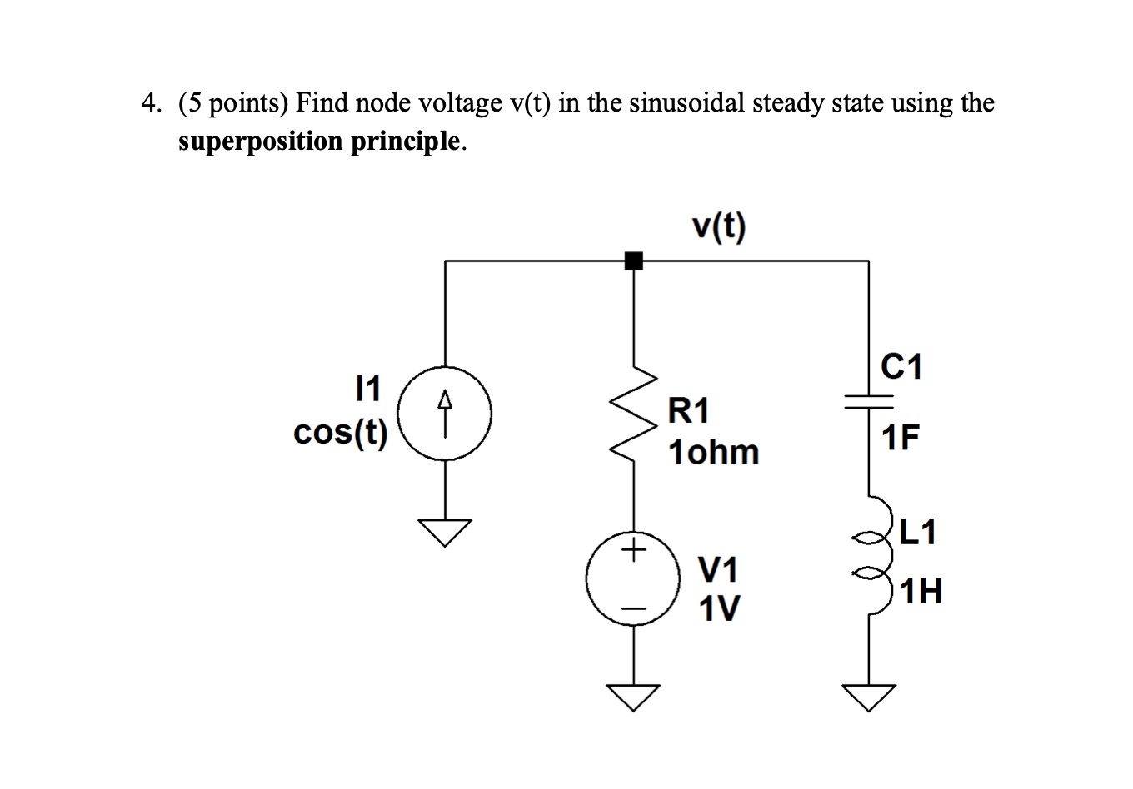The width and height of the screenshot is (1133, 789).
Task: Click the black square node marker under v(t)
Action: click(x=634, y=261)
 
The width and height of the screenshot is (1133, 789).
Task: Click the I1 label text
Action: click(x=367, y=387)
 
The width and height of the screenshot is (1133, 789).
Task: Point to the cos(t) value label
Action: click(x=341, y=433)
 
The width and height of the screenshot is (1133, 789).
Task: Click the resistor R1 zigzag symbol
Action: click(x=633, y=413)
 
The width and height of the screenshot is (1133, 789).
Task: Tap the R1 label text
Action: click(x=689, y=410)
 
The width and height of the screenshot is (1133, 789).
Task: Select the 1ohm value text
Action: click(x=714, y=452)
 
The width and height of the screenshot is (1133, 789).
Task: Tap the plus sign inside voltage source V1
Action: click(x=634, y=550)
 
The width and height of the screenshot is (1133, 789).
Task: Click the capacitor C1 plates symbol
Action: click(x=868, y=402)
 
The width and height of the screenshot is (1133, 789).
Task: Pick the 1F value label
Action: click(x=901, y=437)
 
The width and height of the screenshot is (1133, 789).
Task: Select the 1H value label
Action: click(x=921, y=593)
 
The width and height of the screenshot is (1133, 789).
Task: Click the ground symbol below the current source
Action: click(x=445, y=530)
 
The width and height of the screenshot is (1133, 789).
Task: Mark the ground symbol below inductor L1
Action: click(x=869, y=696)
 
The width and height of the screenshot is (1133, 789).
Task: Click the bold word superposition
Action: click(x=260, y=141)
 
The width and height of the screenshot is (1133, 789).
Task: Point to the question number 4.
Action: click(x=150, y=102)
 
